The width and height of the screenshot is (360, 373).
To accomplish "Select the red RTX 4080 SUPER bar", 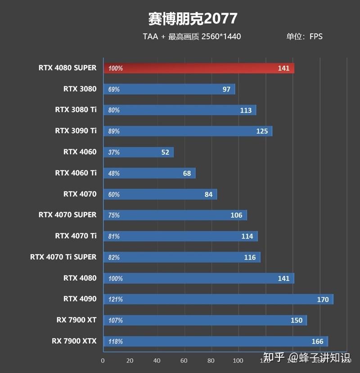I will coord(198,68).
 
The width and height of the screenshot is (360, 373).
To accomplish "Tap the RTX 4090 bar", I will coord(218,299).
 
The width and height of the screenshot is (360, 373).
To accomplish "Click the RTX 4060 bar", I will coord(138,152).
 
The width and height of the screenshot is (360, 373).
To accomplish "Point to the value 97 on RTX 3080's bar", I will coord(226,89).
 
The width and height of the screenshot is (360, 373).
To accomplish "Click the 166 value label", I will coord(317,342).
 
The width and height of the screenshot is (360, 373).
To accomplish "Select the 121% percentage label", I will coord(116,299).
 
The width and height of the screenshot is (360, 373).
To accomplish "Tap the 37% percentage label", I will coord(114,152).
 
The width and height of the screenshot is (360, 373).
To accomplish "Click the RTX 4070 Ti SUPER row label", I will coord(63,257).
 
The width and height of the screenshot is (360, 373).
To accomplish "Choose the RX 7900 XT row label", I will coord(76,320).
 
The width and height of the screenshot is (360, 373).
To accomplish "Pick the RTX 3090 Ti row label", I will coord(76,131).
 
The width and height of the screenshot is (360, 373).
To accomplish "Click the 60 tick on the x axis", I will coord(184,360).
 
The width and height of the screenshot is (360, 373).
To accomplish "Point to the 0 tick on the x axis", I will coord(103,360).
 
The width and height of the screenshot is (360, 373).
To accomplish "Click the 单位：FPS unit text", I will coord(305,36).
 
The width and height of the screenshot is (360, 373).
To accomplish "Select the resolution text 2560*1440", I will coord(221,36).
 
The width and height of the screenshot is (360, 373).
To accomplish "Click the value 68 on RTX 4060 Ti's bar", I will coord(187,173).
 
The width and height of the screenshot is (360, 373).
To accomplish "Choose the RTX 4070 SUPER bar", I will coord(175,215).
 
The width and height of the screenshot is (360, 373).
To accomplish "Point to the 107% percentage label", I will coord(116,320).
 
